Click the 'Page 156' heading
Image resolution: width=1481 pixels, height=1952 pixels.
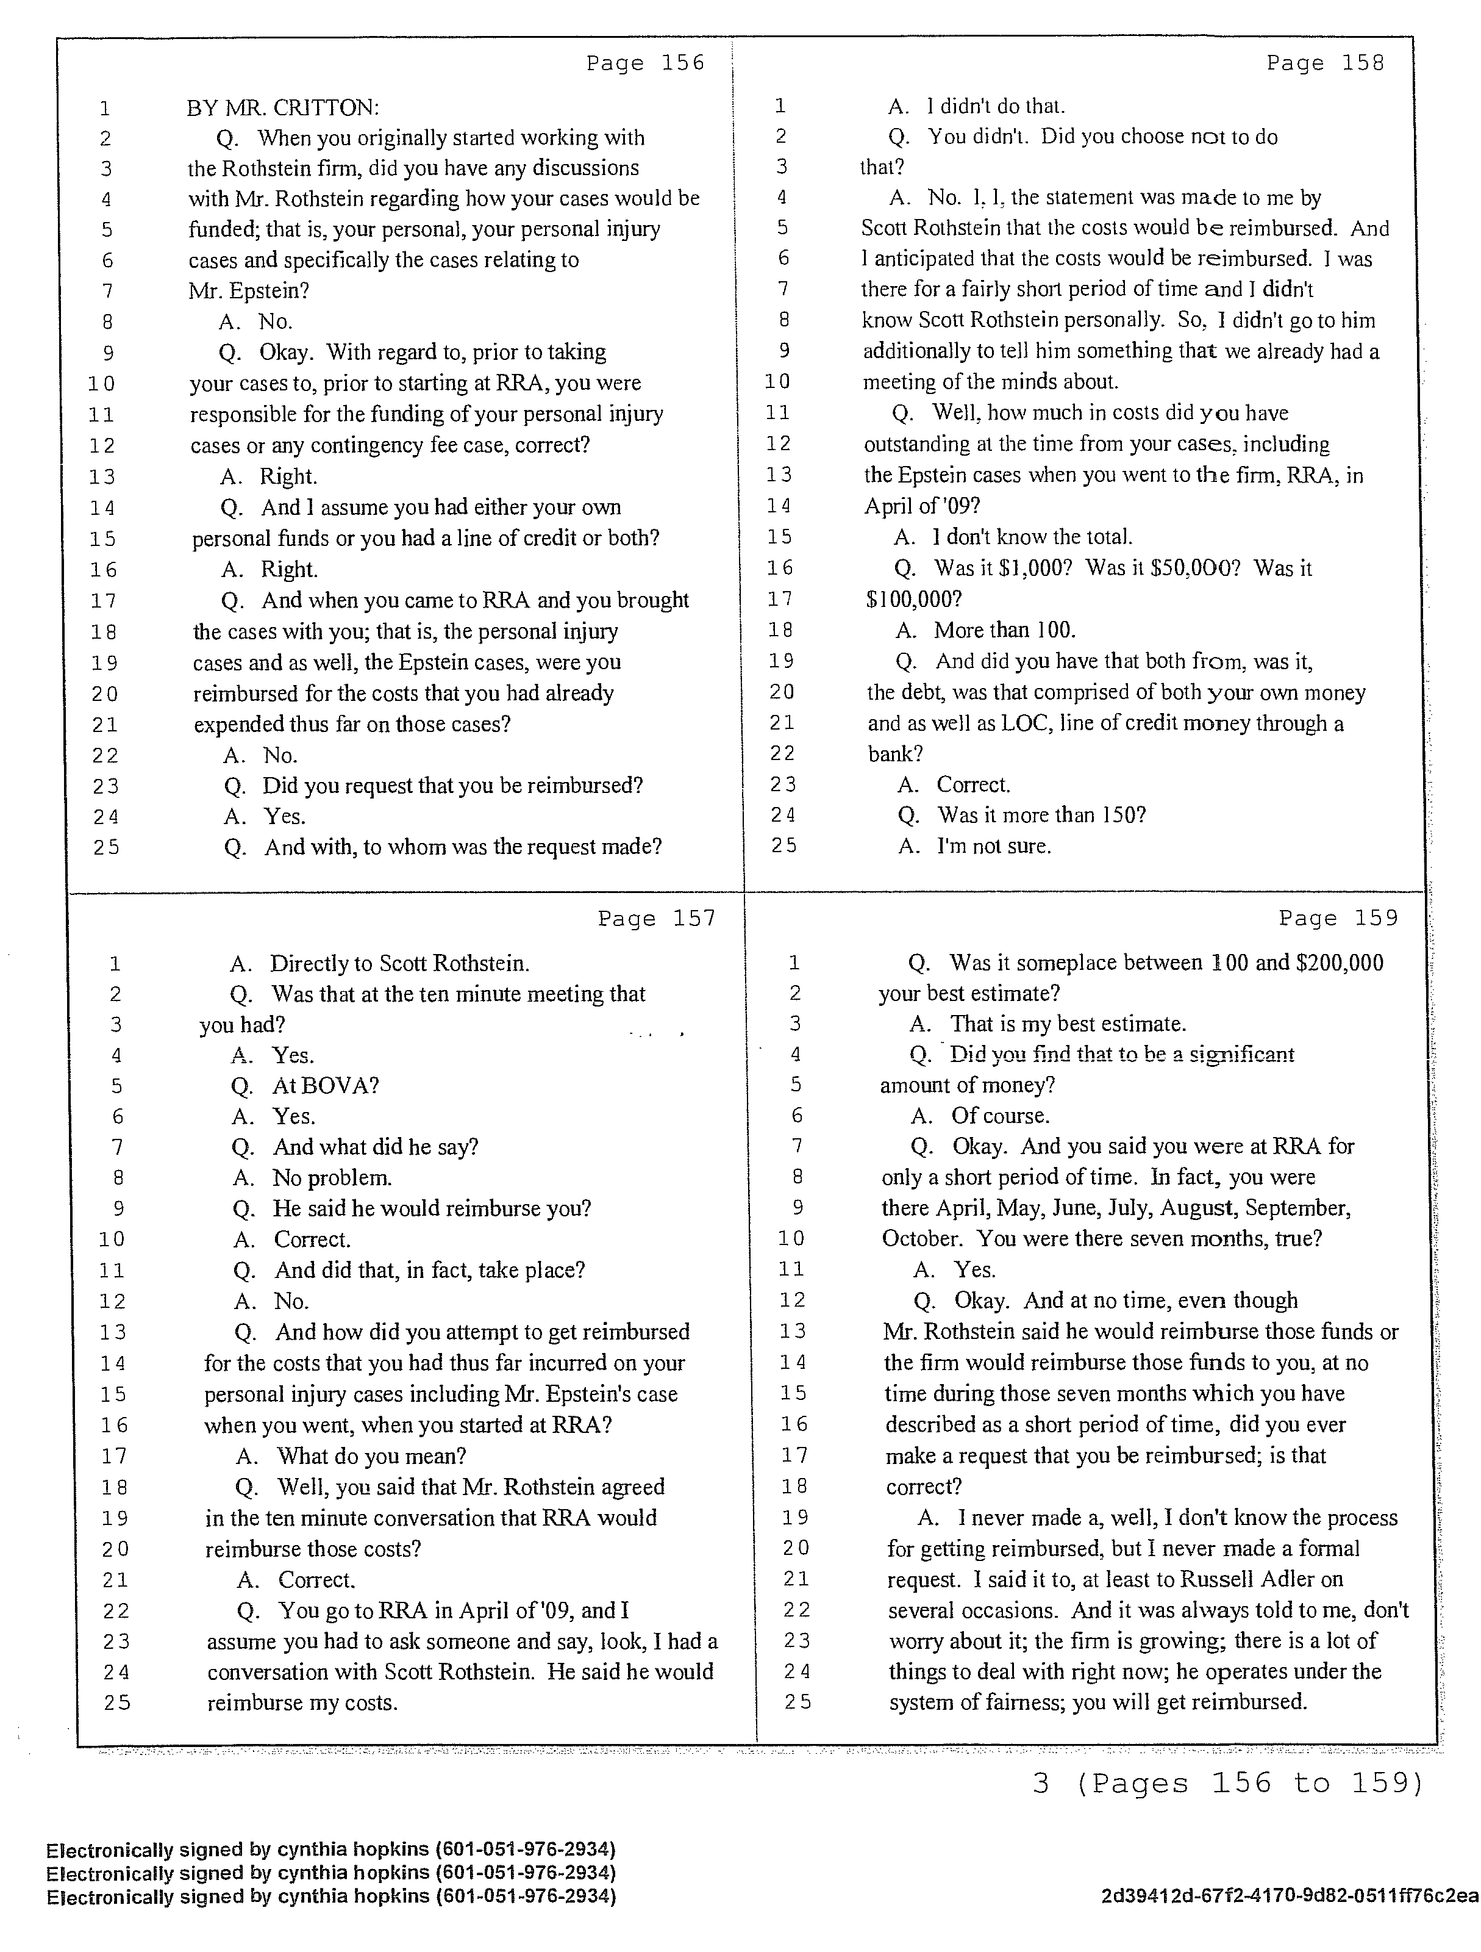pyautogui.click(x=645, y=63)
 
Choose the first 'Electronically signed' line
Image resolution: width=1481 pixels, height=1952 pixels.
pyautogui.click(x=331, y=1849)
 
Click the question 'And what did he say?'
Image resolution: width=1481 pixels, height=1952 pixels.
pyautogui.click(x=375, y=1147)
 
